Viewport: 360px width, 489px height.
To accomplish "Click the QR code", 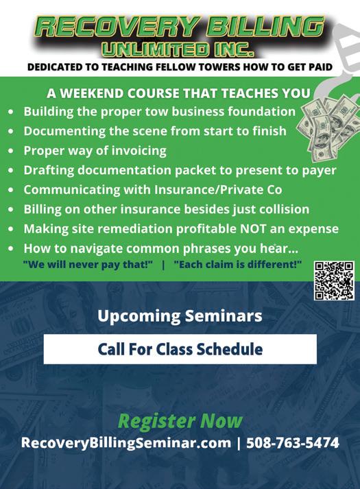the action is click(334, 281).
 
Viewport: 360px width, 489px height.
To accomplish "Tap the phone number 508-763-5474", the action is click(292, 443).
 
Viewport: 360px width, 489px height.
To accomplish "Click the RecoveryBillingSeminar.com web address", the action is click(126, 443).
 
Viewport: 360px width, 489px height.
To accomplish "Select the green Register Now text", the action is click(180, 421).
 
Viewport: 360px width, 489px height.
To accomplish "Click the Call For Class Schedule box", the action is click(180, 349).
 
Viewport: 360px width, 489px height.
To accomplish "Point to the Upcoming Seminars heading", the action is click(180, 316).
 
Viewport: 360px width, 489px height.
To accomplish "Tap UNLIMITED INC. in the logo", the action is click(178, 49).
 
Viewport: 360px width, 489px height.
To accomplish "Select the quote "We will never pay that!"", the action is click(88, 265).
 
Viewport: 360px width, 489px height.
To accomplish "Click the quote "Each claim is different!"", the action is click(237, 265).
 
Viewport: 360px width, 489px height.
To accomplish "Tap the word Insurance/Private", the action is click(209, 189).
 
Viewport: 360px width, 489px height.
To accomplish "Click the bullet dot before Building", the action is click(11, 111).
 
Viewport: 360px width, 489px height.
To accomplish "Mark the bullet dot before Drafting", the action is click(11, 170).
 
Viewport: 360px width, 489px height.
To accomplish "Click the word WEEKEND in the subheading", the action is click(90, 93).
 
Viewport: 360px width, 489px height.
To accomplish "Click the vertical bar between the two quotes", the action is click(163, 265).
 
